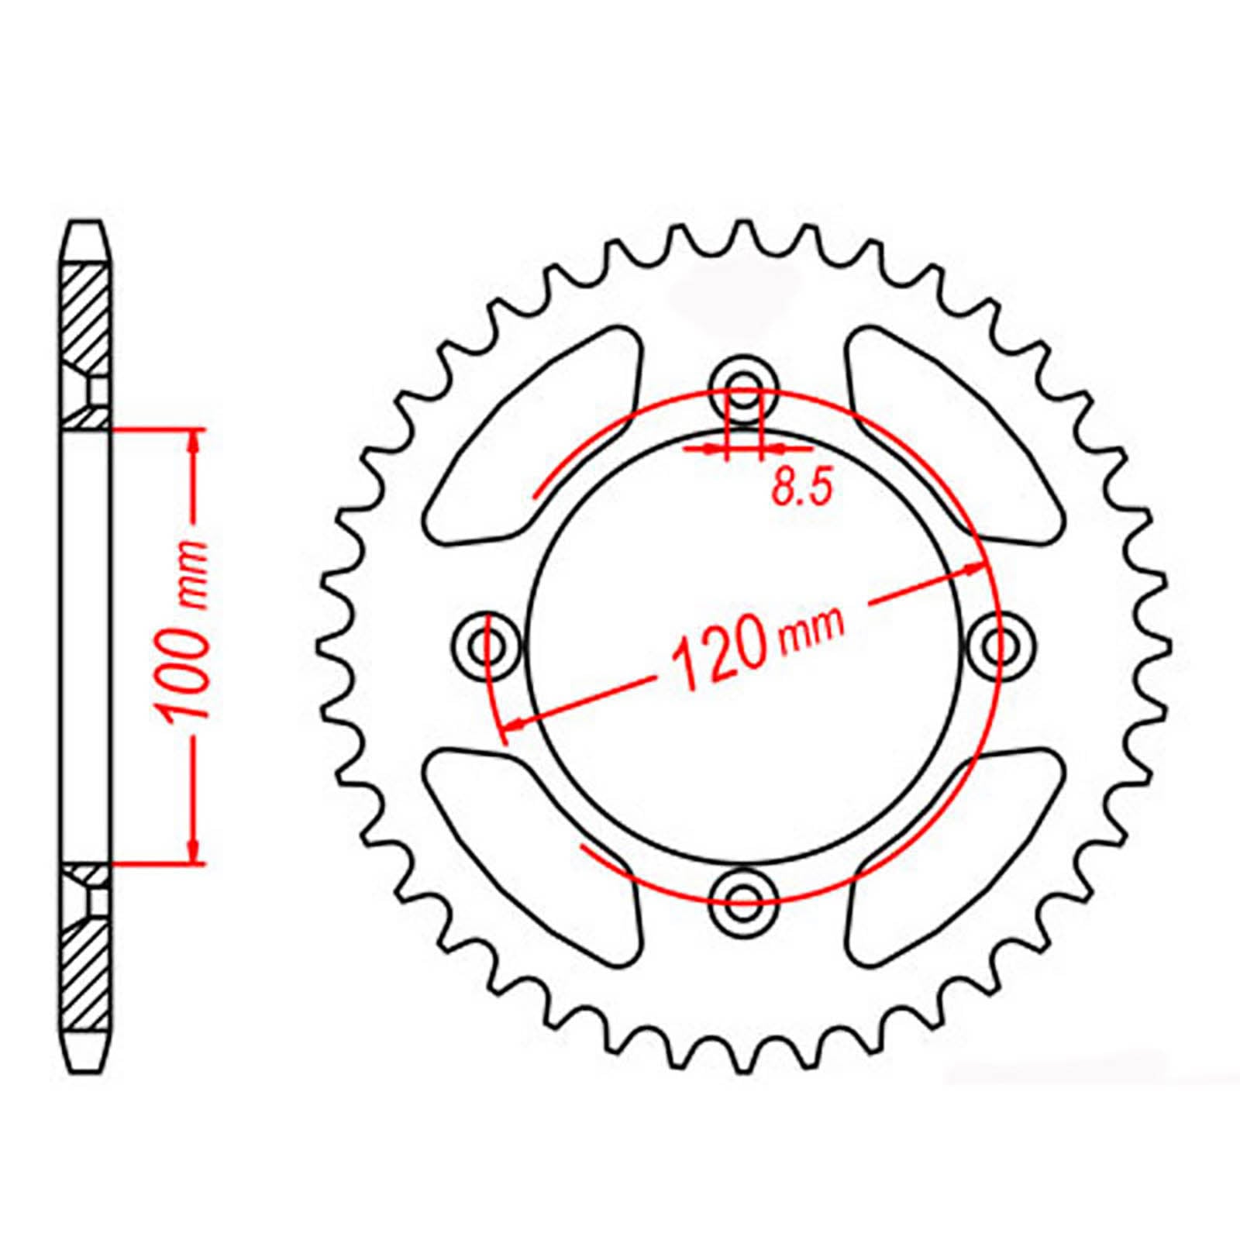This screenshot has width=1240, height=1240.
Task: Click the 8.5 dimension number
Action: click(801, 489)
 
